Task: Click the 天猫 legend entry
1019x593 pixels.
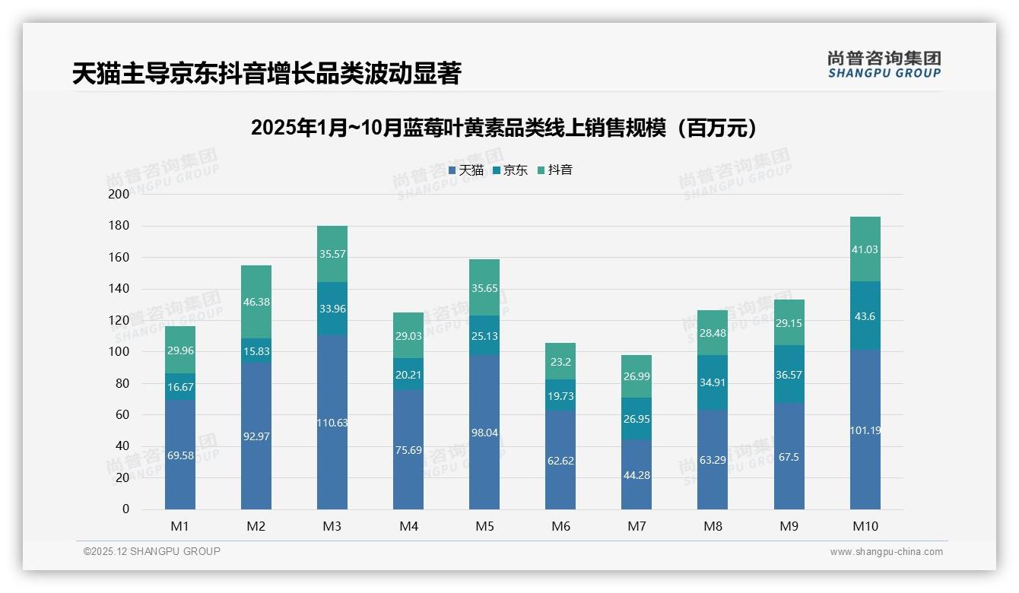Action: [465, 170]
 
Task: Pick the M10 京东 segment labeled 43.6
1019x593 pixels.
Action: [865, 316]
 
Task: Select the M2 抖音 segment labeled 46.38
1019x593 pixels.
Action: [256, 302]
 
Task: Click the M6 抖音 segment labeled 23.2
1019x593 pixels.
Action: [560, 361]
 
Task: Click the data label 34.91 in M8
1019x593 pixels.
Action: [713, 382]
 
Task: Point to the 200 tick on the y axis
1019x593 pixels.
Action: [119, 194]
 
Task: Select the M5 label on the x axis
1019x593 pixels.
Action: [484, 525]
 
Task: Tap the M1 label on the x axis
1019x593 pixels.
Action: [180, 525]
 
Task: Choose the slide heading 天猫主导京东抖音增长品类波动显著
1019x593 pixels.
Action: [266, 74]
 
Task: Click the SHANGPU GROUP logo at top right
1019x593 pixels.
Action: [884, 64]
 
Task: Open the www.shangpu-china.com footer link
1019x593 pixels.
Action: [886, 552]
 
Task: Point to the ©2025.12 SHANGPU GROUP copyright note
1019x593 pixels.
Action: [152, 551]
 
